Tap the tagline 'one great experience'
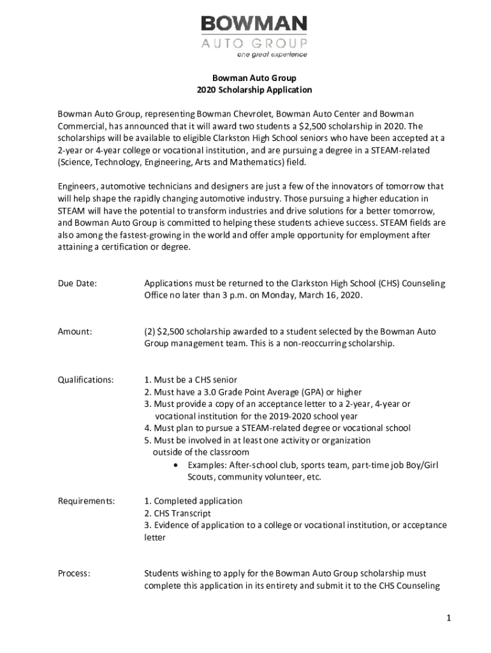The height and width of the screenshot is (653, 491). coord(272,55)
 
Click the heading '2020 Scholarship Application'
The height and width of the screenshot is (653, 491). coord(246,90)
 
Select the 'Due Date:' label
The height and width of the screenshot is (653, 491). coord(77,283)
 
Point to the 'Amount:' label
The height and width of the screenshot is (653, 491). coord(75,332)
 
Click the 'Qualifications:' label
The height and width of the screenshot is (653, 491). coord(86,379)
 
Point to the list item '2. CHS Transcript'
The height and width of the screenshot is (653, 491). coord(177,513)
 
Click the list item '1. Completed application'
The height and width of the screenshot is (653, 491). coord(193,501)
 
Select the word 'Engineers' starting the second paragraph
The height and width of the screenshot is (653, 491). coord(77,186)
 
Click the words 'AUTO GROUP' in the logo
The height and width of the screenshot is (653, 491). coord(254,43)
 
